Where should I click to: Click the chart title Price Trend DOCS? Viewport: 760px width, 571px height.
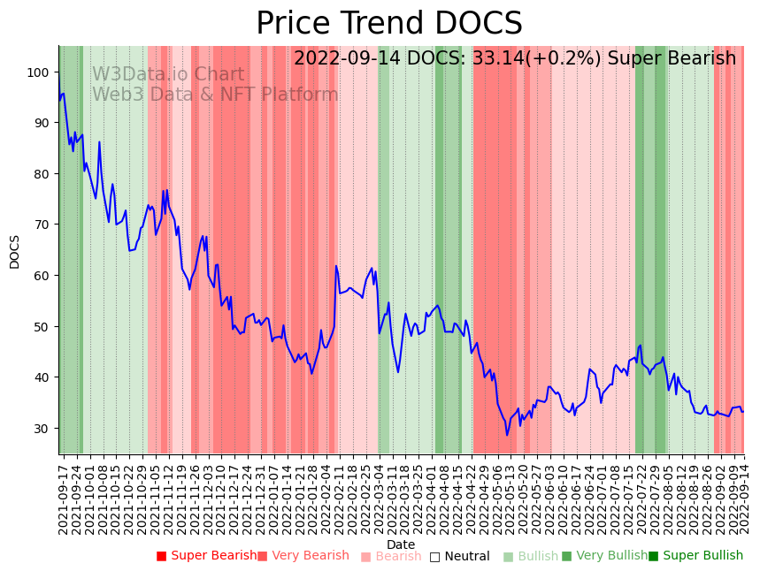click(x=389, y=24)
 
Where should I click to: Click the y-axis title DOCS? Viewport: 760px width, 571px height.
click(x=15, y=251)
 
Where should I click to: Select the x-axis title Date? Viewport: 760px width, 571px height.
click(x=401, y=545)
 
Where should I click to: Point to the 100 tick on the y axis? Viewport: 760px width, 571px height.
click(x=41, y=72)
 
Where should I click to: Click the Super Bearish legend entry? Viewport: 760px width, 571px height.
click(x=206, y=556)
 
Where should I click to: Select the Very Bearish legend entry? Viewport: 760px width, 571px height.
click(x=303, y=556)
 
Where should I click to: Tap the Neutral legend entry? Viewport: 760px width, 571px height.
click(x=459, y=557)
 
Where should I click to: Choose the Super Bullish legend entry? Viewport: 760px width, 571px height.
click(x=696, y=556)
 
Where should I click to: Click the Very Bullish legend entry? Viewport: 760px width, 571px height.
click(x=605, y=556)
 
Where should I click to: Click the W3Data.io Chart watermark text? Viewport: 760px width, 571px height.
click(x=168, y=75)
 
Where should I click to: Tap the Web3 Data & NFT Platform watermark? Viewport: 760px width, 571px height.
click(x=215, y=95)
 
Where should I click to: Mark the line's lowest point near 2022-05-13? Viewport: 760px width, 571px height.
click(x=507, y=435)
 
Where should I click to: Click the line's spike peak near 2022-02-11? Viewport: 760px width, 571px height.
click(x=336, y=266)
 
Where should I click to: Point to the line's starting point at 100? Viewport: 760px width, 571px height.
click(x=59, y=73)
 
